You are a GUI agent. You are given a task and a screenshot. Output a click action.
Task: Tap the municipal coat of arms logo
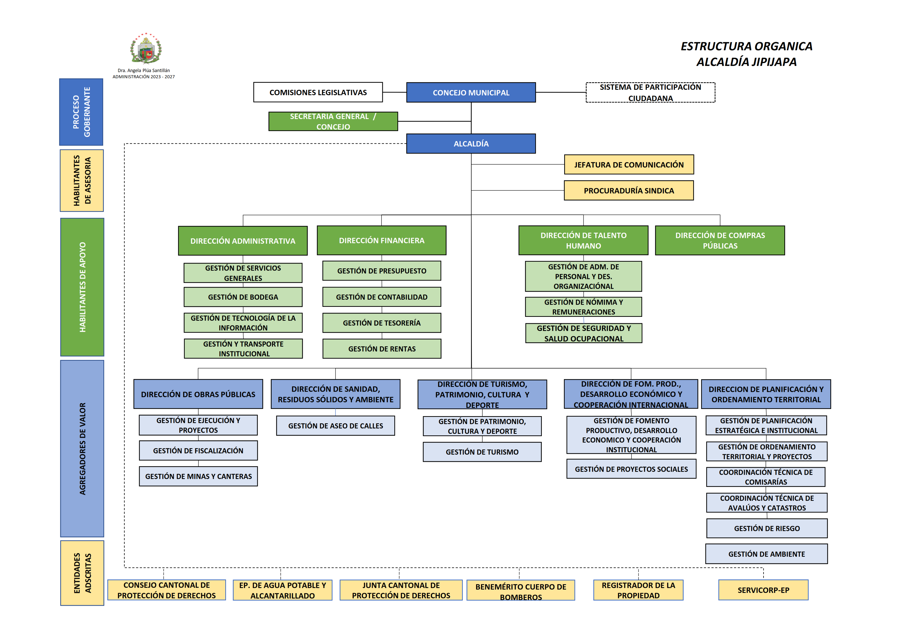coord(146,48)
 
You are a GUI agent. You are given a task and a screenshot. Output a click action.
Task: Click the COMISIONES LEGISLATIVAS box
coord(318,92)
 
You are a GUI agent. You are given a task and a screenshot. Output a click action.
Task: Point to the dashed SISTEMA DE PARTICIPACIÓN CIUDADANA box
coord(650,92)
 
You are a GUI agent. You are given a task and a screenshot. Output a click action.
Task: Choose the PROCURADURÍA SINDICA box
coord(629,190)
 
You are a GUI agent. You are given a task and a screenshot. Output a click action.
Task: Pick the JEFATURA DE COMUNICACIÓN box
coord(629,165)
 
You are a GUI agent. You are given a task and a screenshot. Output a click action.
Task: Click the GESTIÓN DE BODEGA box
coord(243,297)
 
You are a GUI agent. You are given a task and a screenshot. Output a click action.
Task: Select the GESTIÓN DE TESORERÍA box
coord(382,323)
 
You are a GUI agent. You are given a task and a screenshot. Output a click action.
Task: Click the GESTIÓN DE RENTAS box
coord(382,349)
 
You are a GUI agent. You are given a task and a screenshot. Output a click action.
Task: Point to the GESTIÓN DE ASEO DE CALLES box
coord(336,426)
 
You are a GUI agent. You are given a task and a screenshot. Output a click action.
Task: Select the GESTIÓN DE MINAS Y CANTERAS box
coord(198,476)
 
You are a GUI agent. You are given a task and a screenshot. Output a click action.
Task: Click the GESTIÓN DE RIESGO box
coord(767,529)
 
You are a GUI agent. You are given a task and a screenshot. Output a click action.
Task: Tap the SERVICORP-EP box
coord(763,590)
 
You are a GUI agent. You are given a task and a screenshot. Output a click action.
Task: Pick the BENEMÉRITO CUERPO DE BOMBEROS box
coord(521,591)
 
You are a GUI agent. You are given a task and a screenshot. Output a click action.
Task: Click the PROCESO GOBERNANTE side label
coord(81,112)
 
